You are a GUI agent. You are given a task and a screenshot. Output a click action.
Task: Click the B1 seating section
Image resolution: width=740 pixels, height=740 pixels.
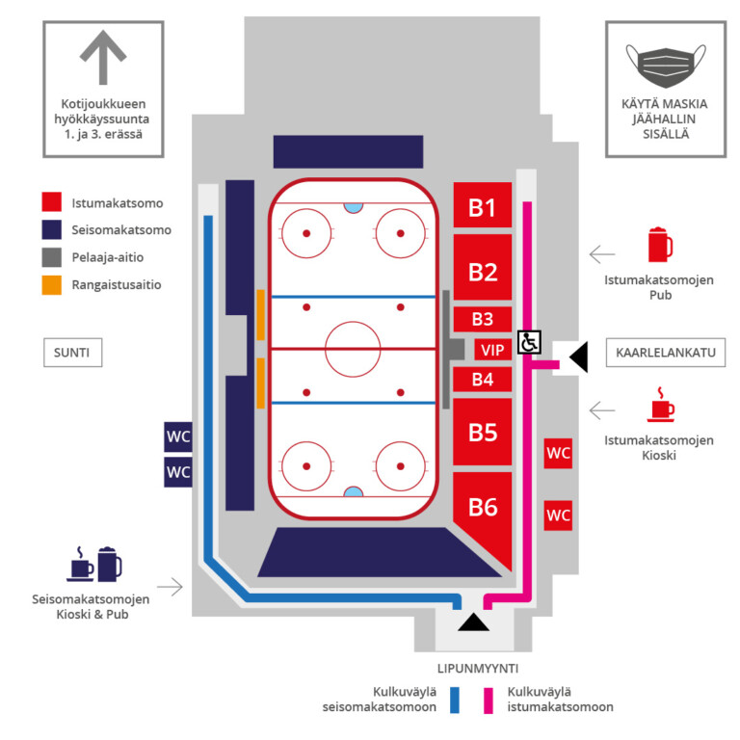(x=483, y=205)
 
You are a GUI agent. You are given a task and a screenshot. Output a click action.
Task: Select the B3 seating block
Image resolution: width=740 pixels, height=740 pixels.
(x=483, y=320)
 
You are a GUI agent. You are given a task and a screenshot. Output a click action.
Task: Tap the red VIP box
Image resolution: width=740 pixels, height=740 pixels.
(x=492, y=350)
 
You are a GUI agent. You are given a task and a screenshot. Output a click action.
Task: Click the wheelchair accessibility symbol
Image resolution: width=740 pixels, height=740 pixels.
(x=529, y=342)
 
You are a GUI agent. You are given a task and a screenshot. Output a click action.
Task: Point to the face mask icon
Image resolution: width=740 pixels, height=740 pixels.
(x=666, y=66)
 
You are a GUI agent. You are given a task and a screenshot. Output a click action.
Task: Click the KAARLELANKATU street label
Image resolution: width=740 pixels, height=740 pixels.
(x=666, y=353)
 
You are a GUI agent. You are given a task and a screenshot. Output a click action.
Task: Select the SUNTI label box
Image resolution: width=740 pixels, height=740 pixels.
(x=72, y=353)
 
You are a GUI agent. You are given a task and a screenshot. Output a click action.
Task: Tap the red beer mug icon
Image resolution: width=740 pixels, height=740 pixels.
(x=660, y=245)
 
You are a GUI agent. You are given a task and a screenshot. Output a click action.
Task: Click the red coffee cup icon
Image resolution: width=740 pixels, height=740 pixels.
(x=661, y=405)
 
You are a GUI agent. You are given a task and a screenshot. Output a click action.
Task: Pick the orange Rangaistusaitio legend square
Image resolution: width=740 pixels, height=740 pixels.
(x=51, y=284)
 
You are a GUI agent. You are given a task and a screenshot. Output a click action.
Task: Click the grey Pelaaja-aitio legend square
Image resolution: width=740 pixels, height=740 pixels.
(x=51, y=257)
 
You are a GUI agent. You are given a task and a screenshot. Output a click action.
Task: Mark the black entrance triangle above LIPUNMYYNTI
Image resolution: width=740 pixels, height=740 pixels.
(x=473, y=624)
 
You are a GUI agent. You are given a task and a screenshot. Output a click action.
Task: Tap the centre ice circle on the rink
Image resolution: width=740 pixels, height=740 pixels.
(x=353, y=349)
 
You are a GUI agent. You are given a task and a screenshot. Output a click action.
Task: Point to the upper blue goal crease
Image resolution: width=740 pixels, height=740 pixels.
(x=354, y=207)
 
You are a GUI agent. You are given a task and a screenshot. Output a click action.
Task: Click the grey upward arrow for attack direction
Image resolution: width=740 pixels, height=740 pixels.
(x=103, y=57)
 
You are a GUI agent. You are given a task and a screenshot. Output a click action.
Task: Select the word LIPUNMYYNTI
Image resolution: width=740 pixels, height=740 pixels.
(x=478, y=669)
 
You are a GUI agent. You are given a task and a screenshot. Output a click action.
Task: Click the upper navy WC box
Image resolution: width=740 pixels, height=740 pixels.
(x=178, y=437)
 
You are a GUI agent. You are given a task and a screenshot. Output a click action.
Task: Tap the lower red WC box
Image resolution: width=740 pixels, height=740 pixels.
(x=558, y=515)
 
